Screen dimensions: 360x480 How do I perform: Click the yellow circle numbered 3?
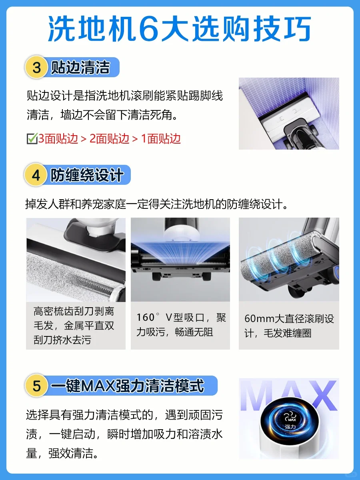click(36, 67)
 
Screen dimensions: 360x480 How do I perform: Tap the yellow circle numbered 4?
click(36, 175)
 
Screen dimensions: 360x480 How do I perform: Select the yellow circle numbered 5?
click(36, 386)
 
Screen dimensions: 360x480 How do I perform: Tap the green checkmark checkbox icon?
click(32, 139)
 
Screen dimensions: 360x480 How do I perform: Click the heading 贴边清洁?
click(80, 67)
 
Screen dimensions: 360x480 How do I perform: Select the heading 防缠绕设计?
click(87, 175)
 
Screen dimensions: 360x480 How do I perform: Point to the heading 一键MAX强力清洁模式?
click(128, 386)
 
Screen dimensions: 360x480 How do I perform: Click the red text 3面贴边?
click(58, 139)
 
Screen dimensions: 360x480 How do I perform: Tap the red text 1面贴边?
click(161, 139)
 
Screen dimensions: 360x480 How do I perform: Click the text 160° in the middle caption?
click(148, 317)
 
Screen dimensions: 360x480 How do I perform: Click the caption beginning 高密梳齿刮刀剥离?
click(74, 325)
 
